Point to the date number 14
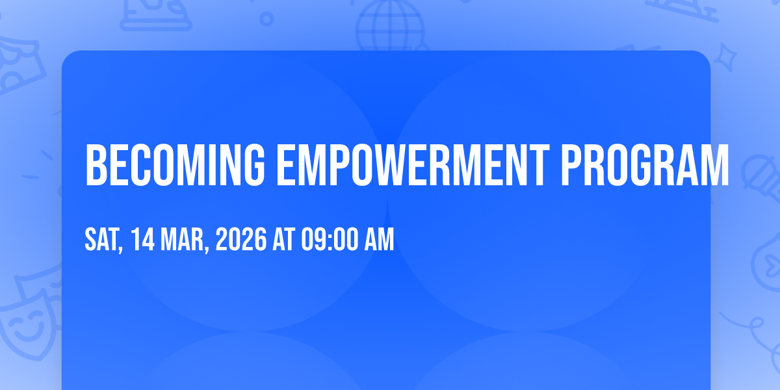pos(143,239)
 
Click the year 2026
pos(241,239)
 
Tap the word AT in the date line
pos(284,239)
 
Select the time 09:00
pos(330,239)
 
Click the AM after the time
pos(379,239)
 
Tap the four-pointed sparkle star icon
pos(725,57)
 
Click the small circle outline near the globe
pos(266,19)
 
